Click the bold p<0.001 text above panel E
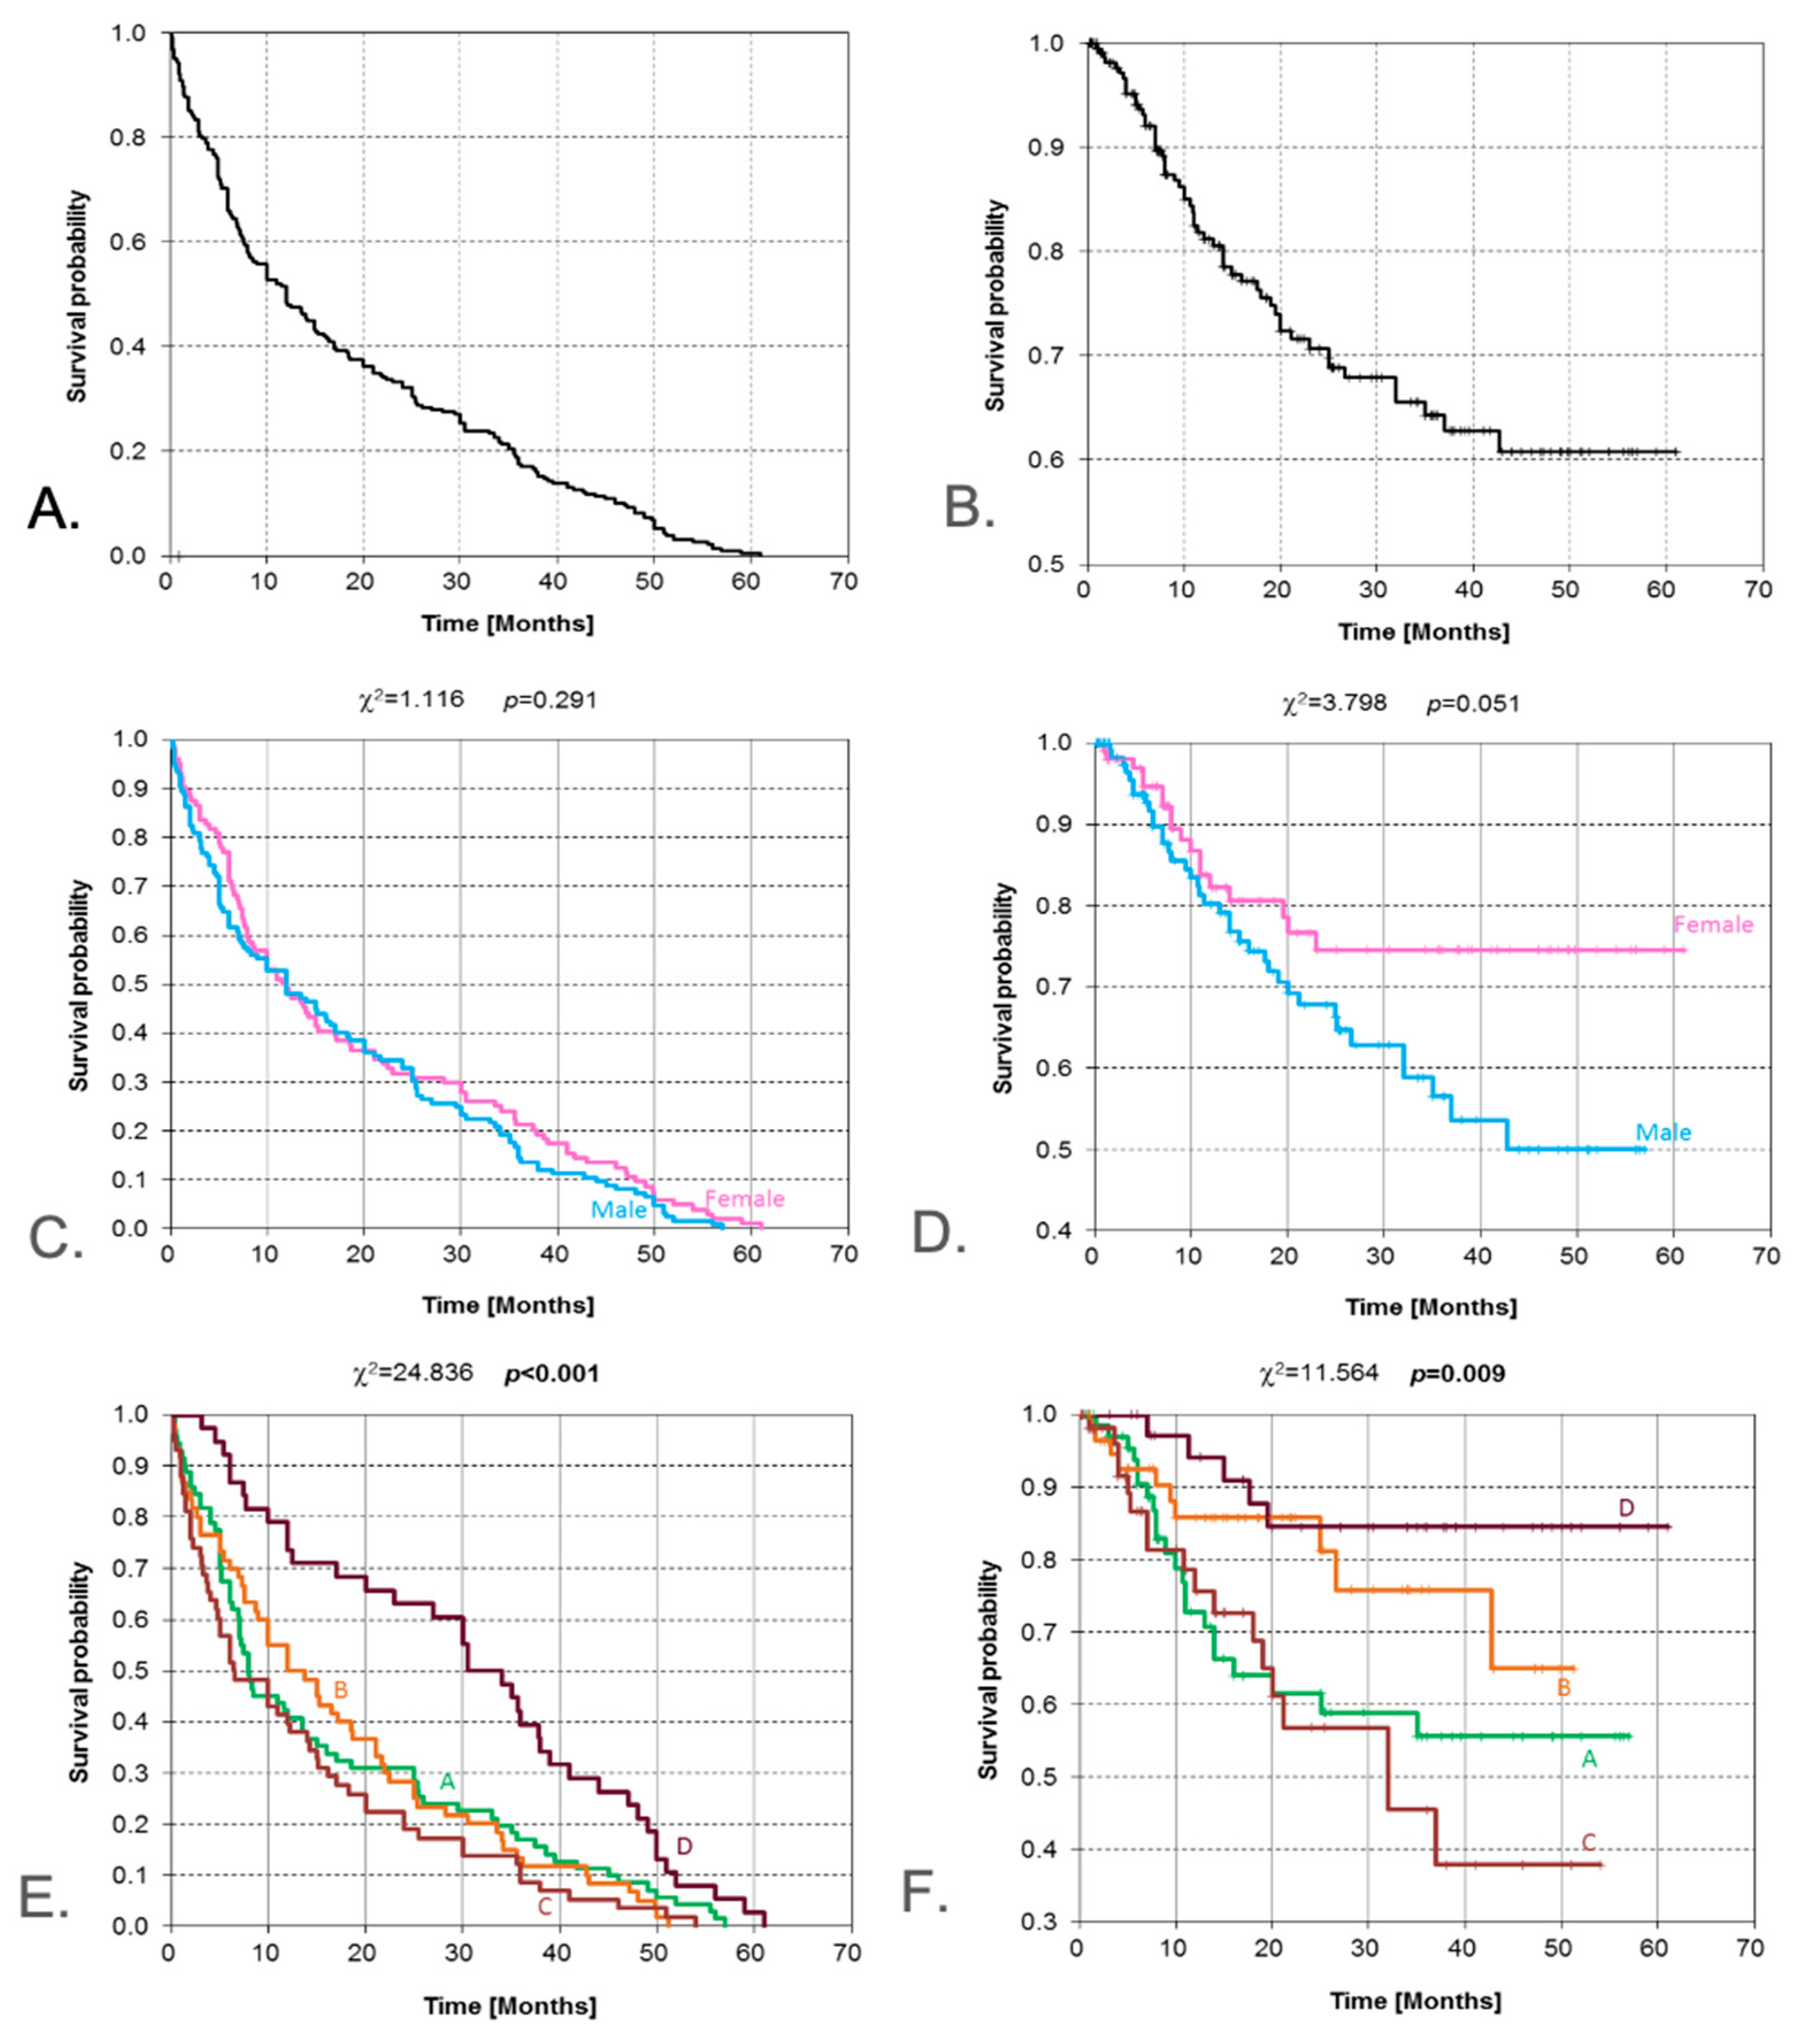click(x=552, y=1374)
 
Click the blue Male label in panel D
click(x=1663, y=1133)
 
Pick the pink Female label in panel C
click(x=744, y=1198)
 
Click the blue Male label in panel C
click(x=619, y=1210)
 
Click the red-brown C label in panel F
click(x=1588, y=1842)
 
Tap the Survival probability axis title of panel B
click(x=995, y=305)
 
